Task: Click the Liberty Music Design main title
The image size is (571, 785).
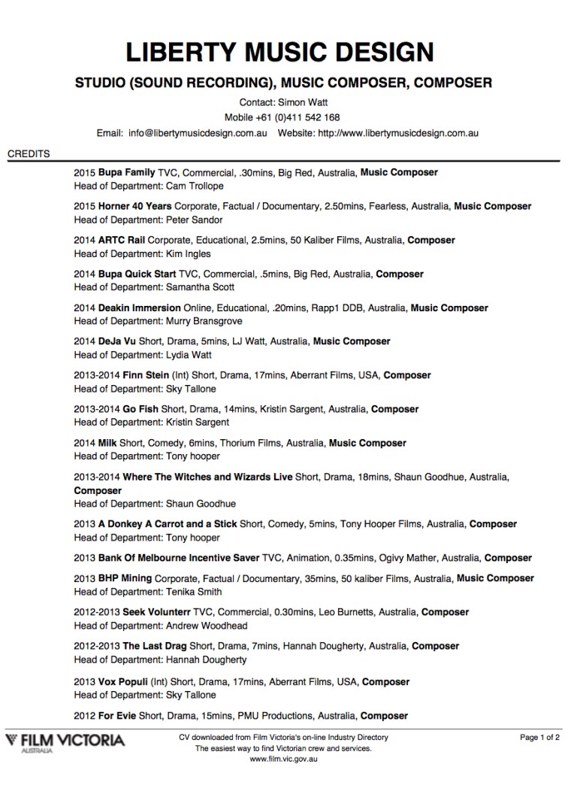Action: tap(279, 53)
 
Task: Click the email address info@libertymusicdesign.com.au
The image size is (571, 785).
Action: tap(198, 133)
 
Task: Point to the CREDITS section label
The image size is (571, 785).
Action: tap(29, 154)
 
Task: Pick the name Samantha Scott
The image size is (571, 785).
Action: tap(199, 287)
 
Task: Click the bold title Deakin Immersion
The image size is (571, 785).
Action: tap(139, 308)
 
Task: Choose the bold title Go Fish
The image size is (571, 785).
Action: tap(140, 409)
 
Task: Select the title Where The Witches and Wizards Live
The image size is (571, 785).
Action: tap(207, 477)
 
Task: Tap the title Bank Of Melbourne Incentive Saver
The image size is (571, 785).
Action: tap(178, 558)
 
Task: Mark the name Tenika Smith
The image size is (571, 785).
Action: tap(193, 592)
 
